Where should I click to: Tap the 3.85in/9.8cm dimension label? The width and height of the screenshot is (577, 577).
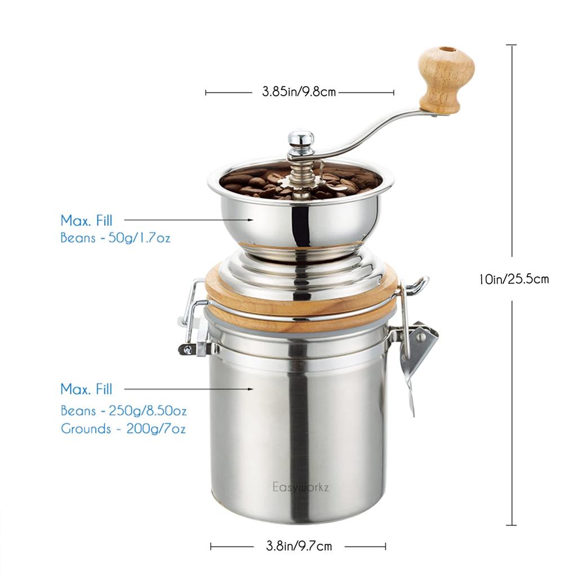point(299,92)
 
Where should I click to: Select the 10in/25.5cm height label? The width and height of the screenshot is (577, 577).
point(513,278)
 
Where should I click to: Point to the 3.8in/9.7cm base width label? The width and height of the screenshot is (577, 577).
point(299,546)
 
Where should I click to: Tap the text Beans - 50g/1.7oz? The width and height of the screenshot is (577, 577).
point(116,238)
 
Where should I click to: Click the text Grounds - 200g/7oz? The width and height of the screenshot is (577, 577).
point(123,429)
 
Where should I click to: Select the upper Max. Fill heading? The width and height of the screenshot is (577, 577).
point(86,220)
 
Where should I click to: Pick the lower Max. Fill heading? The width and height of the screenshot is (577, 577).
point(86,389)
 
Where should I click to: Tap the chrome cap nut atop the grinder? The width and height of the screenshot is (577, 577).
point(301,140)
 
